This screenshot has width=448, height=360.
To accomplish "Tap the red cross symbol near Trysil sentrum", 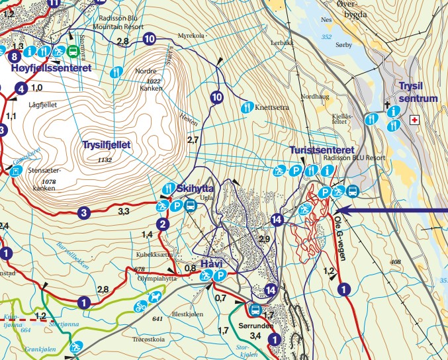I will click(x=415, y=120).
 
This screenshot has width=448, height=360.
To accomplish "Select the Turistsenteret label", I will click(x=322, y=150).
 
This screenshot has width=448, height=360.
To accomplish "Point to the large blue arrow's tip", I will click(x=345, y=211).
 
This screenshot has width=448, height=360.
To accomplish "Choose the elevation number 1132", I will click(x=104, y=160).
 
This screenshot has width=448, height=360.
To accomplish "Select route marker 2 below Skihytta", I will click(x=164, y=224).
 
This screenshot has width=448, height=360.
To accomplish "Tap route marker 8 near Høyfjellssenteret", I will click(x=14, y=56).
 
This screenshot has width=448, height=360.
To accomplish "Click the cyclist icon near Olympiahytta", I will click(x=140, y=306).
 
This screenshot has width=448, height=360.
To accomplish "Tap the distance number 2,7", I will click(x=193, y=140).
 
